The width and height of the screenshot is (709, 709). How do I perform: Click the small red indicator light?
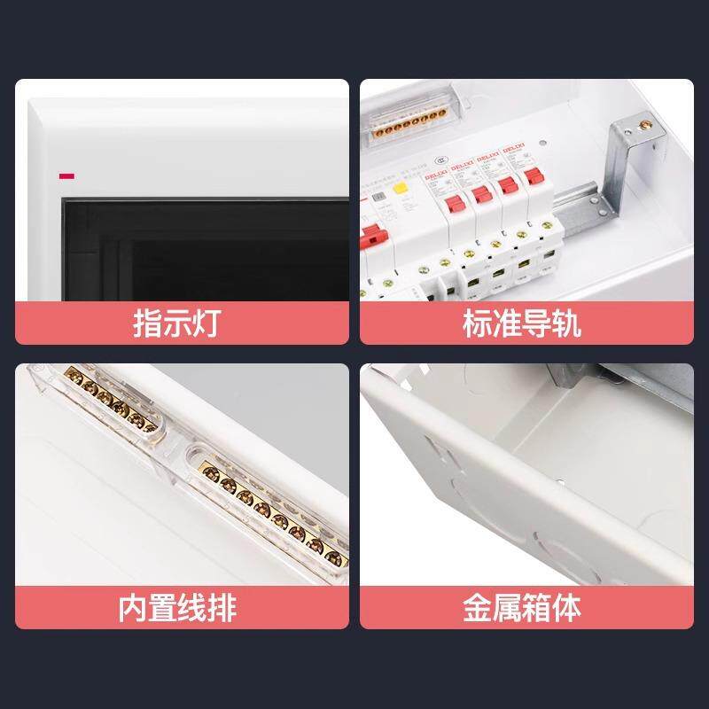click(x=66, y=175)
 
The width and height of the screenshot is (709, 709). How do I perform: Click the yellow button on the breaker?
click(x=400, y=189)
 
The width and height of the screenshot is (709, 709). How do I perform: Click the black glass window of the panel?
click(x=204, y=248)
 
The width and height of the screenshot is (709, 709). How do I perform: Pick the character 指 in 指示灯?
click(x=146, y=323)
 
